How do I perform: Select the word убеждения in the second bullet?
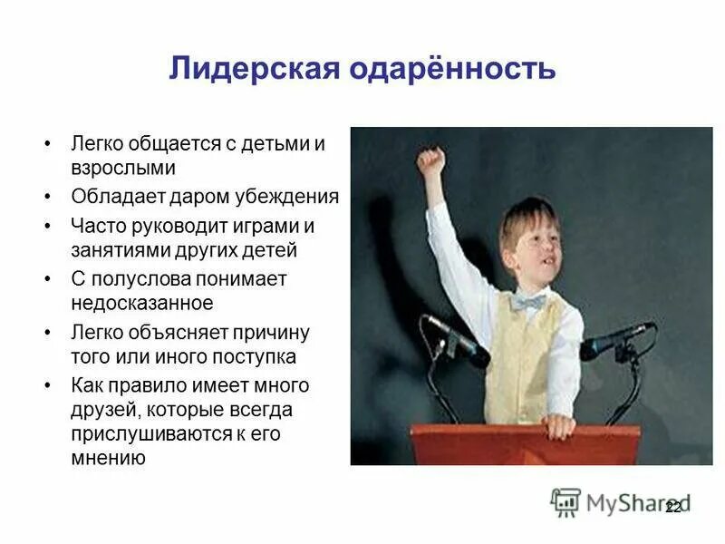click(295, 197)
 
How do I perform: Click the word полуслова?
click(143, 279)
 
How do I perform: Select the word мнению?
click(108, 458)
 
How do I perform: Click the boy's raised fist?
click(431, 161)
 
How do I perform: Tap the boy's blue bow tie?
click(527, 302)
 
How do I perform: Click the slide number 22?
click(672, 508)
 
